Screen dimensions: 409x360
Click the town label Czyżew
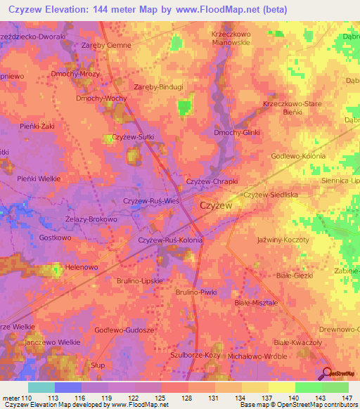[x=217, y=206]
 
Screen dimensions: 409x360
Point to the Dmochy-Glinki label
[x=236, y=132]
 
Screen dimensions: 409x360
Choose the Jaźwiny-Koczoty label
[x=283, y=240]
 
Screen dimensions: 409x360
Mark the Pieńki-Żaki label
[x=37, y=126]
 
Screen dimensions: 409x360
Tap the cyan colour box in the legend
[x=41, y=387]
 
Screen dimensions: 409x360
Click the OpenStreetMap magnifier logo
[x=328, y=373]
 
